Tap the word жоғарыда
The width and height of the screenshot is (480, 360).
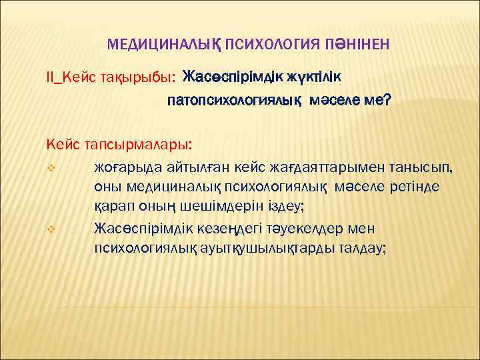[x=125, y=165]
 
